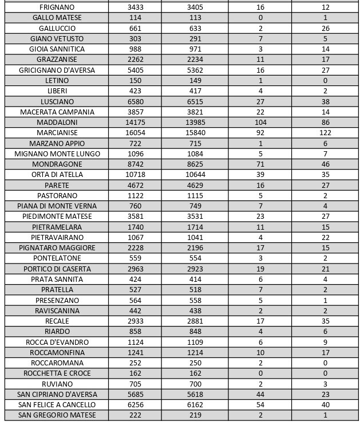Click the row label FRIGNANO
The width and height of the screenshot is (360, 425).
pos(57,7)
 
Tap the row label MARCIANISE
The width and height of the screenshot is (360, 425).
pos(57,133)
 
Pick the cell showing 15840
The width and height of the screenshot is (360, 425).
pos(195,133)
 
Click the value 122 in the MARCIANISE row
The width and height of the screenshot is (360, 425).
pos(326,133)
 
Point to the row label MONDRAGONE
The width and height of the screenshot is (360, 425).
pos(57,164)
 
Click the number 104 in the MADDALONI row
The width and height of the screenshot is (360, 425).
pos(260,123)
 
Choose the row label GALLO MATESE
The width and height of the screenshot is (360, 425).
pos(57,18)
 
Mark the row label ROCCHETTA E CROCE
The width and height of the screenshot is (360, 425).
pos(57,373)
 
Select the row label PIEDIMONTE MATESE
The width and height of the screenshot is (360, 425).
pos(57,217)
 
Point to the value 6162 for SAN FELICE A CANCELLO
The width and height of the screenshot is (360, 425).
pos(195,405)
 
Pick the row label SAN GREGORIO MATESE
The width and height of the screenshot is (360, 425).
pos(57,415)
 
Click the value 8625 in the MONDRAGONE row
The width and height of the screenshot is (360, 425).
pos(195,164)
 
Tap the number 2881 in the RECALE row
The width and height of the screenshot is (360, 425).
pos(195,321)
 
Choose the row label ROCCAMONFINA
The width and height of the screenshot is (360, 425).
pos(57,353)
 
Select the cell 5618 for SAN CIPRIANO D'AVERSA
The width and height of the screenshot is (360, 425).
pos(195,395)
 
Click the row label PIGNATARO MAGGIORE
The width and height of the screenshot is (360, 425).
pos(57,248)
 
